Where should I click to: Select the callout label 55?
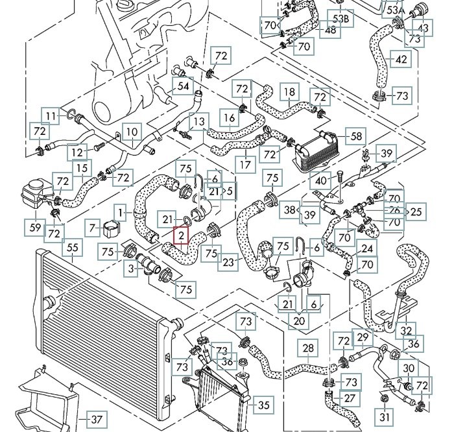point(73,247)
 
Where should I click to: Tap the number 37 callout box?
point(96,419)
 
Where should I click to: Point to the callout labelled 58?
point(356,137)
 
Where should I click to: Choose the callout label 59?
point(35,226)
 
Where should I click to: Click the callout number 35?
point(263,406)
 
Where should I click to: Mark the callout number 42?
point(401,60)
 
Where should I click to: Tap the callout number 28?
point(308,348)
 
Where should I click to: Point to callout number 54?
point(183,86)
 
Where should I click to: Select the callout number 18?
point(289,93)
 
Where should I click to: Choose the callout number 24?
point(368,248)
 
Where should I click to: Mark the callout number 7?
point(92,226)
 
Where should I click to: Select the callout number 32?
point(407,330)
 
